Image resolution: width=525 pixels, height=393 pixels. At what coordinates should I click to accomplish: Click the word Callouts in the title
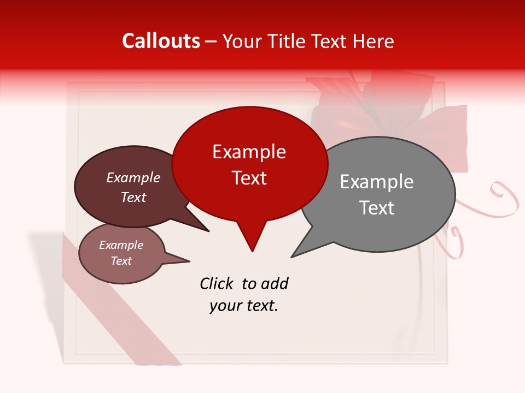coord(161,41)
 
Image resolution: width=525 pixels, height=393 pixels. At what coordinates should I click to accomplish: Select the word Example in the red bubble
coord(249,152)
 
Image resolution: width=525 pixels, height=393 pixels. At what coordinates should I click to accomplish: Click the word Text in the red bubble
coord(249,178)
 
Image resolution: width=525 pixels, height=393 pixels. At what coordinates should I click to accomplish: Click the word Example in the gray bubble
coord(376,182)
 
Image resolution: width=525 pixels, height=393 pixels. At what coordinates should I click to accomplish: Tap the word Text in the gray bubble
coord(376,208)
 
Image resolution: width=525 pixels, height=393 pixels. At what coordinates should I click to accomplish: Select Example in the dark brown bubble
coord(133,177)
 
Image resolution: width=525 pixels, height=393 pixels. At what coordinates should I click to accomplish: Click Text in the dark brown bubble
coord(133,197)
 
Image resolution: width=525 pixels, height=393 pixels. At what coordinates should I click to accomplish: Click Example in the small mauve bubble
coord(121,245)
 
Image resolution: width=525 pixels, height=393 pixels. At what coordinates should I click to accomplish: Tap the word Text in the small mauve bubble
coord(121,261)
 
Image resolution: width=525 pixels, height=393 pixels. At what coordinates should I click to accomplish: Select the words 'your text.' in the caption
coord(243,306)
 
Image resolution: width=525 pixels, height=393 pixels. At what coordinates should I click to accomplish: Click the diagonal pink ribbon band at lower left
coord(120,306)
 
